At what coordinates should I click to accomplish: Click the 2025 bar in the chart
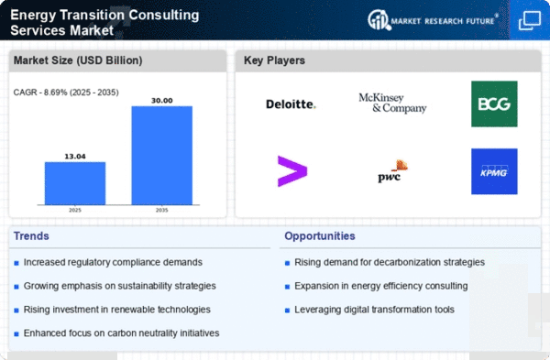(x=75, y=183)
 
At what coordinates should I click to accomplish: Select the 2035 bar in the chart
(x=161, y=156)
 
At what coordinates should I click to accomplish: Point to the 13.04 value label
(x=75, y=157)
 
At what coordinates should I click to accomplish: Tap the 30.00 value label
(x=161, y=101)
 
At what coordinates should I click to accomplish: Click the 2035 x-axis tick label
(x=161, y=210)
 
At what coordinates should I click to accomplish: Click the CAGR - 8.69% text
(x=40, y=93)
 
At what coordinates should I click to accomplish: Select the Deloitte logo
(x=291, y=104)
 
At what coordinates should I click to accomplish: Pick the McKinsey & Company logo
(x=392, y=104)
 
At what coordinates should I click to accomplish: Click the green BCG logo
(x=494, y=104)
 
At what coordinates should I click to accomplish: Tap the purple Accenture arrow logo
(x=292, y=171)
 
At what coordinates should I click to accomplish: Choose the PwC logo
(x=392, y=171)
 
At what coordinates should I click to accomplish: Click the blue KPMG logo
(x=494, y=171)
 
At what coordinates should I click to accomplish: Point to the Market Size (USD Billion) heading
(x=78, y=60)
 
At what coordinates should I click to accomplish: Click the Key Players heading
(x=274, y=60)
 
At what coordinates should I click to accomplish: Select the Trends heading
(x=31, y=236)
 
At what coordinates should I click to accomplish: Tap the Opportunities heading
(x=320, y=236)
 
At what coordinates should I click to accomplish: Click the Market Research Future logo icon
(x=379, y=20)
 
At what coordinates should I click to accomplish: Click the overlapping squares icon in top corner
(x=530, y=20)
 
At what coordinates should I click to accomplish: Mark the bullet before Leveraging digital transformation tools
(x=287, y=311)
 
